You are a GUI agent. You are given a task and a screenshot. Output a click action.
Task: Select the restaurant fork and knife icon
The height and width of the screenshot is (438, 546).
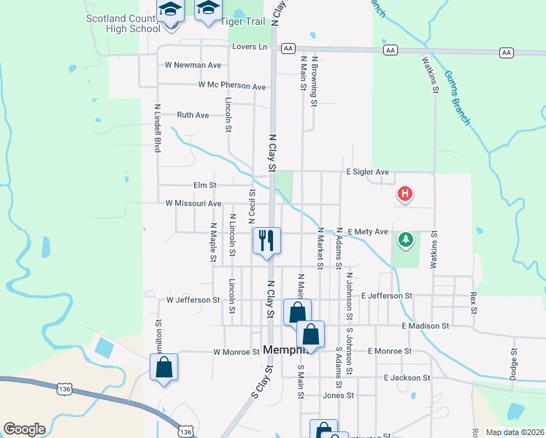pyautogui.click(x=266, y=239)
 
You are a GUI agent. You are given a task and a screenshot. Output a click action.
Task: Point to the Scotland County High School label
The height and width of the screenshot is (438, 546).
pyautogui.click(x=123, y=23)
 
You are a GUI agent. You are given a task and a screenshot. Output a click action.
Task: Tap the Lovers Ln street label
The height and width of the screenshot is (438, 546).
pyautogui.click(x=250, y=47)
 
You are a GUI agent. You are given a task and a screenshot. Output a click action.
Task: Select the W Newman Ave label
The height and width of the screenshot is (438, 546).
pyautogui.click(x=193, y=65)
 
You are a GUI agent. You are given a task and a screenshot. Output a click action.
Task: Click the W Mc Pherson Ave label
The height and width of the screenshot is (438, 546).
pyautogui.click(x=232, y=86)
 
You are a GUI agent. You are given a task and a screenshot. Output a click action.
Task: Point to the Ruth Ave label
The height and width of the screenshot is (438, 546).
pyautogui.click(x=193, y=115)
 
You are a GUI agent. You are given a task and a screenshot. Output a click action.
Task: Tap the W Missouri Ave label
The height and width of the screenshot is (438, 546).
pyautogui.click(x=193, y=204)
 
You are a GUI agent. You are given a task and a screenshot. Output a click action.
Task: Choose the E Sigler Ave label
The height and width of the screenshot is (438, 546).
pyautogui.click(x=367, y=172)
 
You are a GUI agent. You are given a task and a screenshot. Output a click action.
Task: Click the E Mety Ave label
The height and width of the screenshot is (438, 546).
pyautogui.click(x=368, y=231)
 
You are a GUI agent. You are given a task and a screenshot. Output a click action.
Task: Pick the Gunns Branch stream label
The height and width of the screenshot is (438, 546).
pyautogui.click(x=457, y=96)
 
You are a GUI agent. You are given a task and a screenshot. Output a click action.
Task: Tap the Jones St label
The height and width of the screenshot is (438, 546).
pyautogui.click(x=338, y=395)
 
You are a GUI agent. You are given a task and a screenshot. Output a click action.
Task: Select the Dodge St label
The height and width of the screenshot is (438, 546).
pyautogui.click(x=513, y=362)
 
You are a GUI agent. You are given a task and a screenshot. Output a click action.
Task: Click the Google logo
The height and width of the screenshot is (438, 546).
pyautogui.click(x=24, y=429)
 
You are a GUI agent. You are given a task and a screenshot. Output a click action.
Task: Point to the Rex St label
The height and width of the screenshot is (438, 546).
pyautogui.click(x=473, y=304)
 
